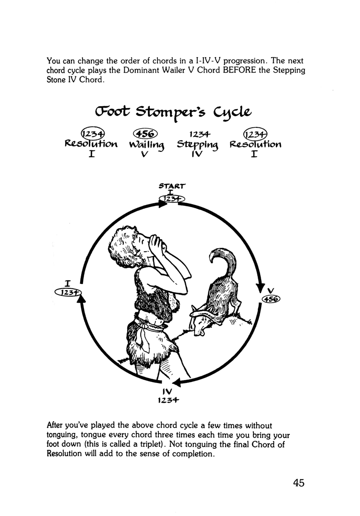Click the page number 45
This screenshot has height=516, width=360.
296,482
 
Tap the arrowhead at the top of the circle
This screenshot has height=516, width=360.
160,204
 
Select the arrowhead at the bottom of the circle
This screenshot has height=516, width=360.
176,382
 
